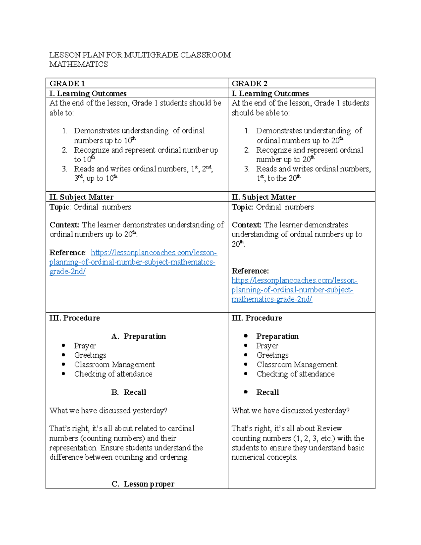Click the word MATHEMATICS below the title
[79, 65]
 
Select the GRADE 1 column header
[67, 84]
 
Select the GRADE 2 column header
[249, 84]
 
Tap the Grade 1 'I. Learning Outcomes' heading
[88, 93]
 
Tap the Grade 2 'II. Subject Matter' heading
[263, 197]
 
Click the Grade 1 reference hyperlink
[132, 262]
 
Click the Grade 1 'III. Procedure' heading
[74, 318]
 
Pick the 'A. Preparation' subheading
[139, 336]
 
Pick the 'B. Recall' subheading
[129, 392]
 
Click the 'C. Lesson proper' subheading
[143, 484]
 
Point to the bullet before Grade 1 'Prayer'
[64, 346]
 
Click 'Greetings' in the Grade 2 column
[272, 355]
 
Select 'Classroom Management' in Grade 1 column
[114, 365]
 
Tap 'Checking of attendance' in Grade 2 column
[295, 374]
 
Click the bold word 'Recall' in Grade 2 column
[267, 392]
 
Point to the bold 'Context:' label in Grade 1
[64, 225]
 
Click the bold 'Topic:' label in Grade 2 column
[242, 207]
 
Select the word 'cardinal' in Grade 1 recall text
[181, 428]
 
